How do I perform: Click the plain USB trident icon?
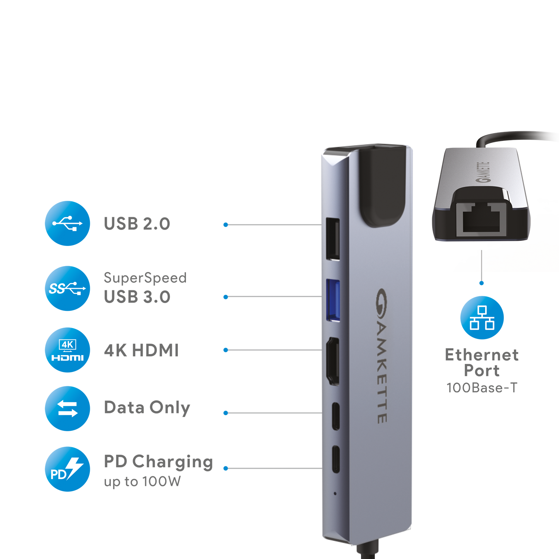click(67, 223)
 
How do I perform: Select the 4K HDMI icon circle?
click(67, 351)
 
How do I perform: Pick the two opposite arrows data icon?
click(67, 408)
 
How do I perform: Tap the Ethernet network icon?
click(482, 318)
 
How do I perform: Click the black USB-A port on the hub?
click(333, 239)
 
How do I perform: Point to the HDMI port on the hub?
click(333, 361)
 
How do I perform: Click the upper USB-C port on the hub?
click(336, 416)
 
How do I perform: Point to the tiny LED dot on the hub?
click(335, 493)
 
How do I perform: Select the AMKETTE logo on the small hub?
click(483, 173)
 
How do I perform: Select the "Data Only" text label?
click(147, 407)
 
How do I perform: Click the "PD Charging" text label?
click(158, 463)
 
